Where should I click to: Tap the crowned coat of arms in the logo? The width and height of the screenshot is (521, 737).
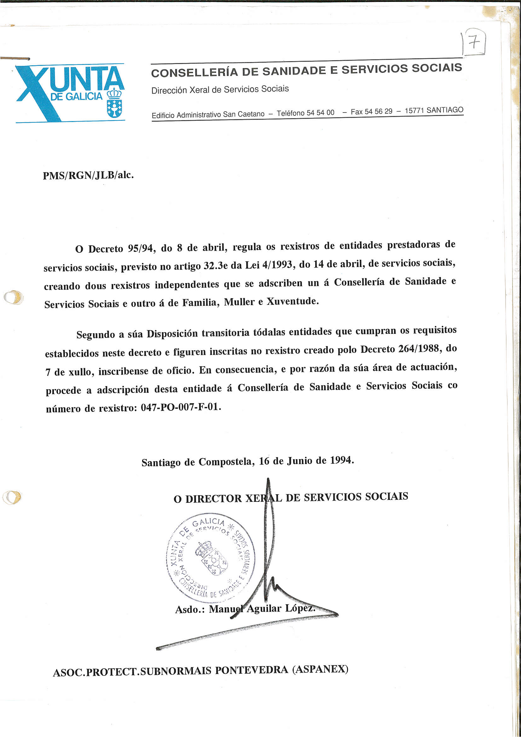(x=114, y=103)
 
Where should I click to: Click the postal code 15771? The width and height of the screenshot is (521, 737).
(x=414, y=110)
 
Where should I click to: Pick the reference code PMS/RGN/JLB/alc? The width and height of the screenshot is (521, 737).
(x=88, y=175)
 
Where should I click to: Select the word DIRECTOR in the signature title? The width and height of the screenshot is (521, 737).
(x=213, y=498)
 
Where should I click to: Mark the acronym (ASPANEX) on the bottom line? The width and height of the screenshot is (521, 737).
(x=320, y=669)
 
